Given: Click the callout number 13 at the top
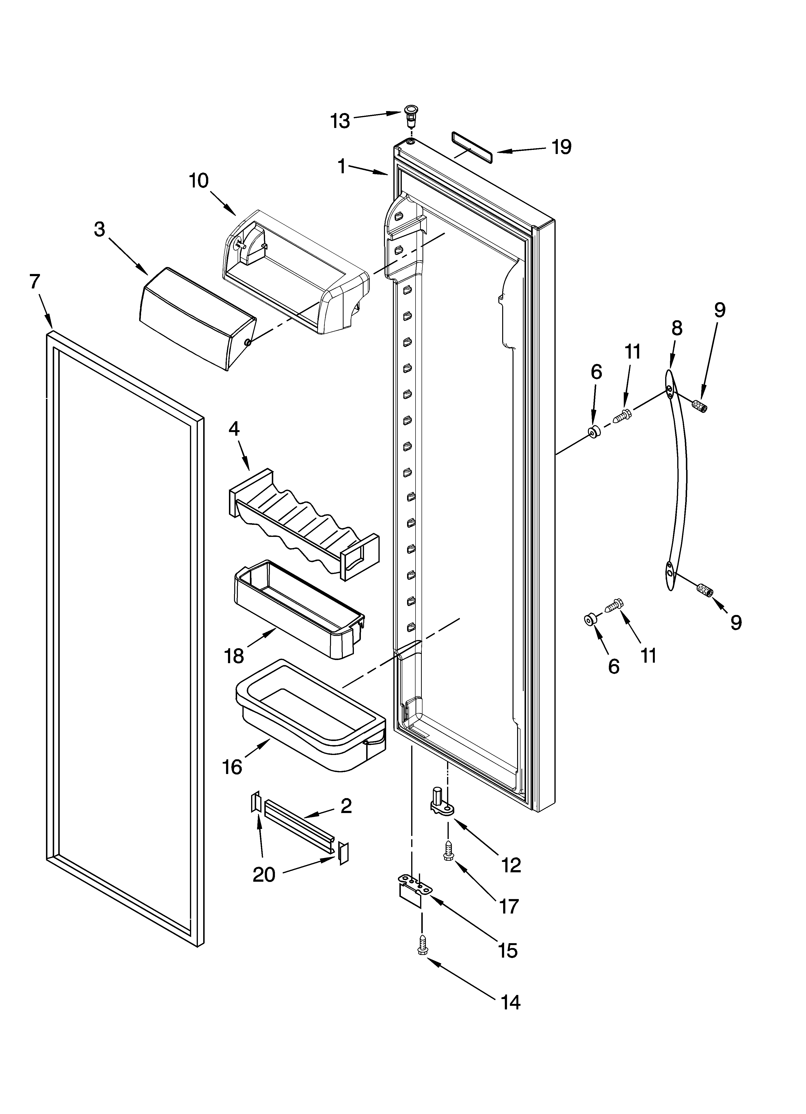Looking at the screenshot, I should [340, 120].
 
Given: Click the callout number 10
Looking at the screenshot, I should [199, 181].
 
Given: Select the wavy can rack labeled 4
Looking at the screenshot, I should [303, 523].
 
